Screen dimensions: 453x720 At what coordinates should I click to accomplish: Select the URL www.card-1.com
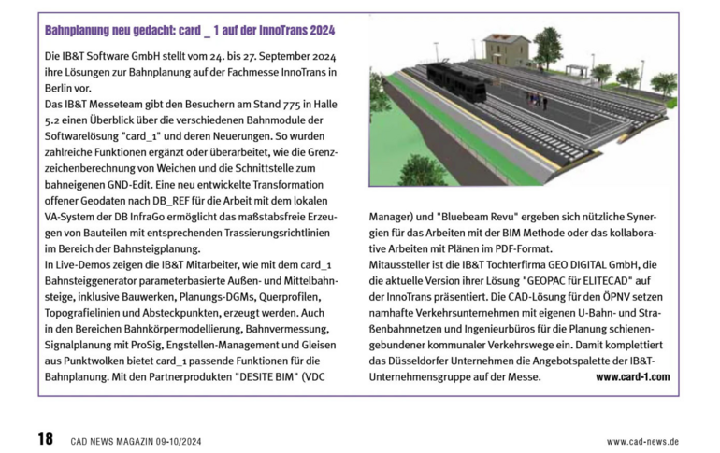pyautogui.click(x=632, y=376)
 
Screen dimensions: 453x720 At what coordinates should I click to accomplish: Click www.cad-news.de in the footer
pyautogui.click(x=642, y=441)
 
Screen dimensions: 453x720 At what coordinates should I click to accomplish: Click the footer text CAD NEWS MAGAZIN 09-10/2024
pyautogui.click(x=137, y=441)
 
